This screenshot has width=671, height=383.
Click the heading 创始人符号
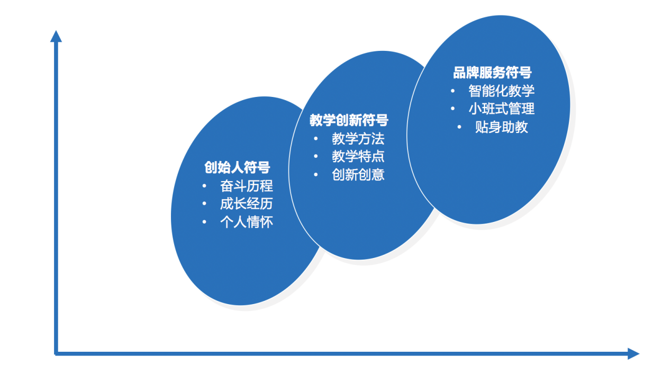pyautogui.click(x=238, y=168)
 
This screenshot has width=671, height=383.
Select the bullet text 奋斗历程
pyautogui.click(x=247, y=186)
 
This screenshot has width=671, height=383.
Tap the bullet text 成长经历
pyautogui.click(x=247, y=204)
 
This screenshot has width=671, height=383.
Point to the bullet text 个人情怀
pyautogui.click(x=247, y=222)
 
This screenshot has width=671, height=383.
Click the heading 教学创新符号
pyautogui.click(x=349, y=121)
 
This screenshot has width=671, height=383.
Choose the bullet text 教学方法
pyautogui.click(x=358, y=139)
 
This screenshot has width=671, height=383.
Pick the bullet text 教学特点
pyautogui.click(x=358, y=157)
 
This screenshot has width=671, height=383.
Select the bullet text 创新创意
pyautogui.click(x=358, y=174)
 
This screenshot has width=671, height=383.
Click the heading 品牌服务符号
pyautogui.click(x=492, y=73)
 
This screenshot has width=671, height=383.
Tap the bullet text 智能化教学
pyautogui.click(x=502, y=91)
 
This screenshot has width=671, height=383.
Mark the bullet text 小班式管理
pyautogui.click(x=502, y=109)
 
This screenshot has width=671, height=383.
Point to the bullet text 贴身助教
pyautogui.click(x=502, y=127)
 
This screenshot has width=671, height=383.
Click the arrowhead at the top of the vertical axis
pyautogui.click(x=56, y=36)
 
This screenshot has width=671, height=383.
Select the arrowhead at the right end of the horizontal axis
pyautogui.click(x=633, y=353)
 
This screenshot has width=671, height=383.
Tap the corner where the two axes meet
pyautogui.click(x=56, y=353)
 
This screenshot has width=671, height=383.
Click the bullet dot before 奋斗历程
pyautogui.click(x=204, y=186)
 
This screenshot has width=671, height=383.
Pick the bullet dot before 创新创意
pyautogui.click(x=316, y=174)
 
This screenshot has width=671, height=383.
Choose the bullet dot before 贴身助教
pyautogui.click(x=459, y=127)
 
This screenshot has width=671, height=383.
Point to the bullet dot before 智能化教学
pyautogui.click(x=453, y=91)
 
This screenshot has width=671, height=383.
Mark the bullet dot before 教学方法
pyautogui.click(x=316, y=139)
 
